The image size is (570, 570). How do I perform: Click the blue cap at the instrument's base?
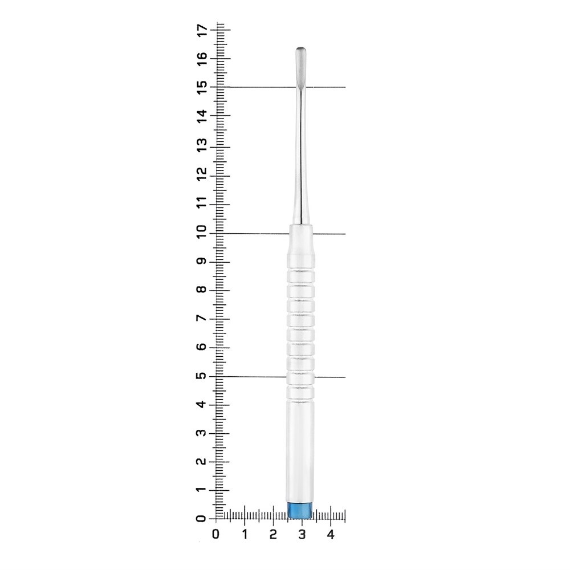pyautogui.click(x=300, y=510)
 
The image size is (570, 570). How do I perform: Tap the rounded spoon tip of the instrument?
pyautogui.click(x=300, y=65)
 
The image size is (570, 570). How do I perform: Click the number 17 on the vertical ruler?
pyautogui.click(x=202, y=30)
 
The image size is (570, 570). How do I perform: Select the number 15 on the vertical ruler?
pyautogui.click(x=202, y=87)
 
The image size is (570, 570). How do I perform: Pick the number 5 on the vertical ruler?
pyautogui.click(x=202, y=376)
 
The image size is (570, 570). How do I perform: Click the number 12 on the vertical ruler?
pyautogui.click(x=202, y=173)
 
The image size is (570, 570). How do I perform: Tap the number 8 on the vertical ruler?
pyautogui.click(x=202, y=290)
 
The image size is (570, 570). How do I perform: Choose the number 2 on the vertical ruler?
pyautogui.click(x=202, y=461)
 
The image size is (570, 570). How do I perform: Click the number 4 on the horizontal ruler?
pyautogui.click(x=331, y=534)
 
